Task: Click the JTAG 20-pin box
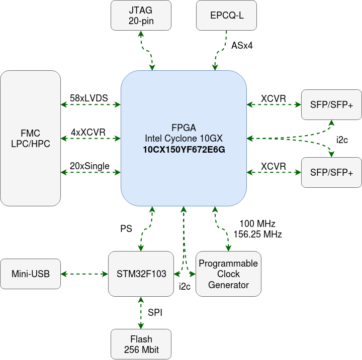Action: pos(141,15)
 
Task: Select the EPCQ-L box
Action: pos(227,15)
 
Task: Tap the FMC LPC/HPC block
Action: pos(30,138)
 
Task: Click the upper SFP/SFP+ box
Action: pos(331,104)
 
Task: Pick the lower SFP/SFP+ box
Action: pos(331,172)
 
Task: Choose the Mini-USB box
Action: pos(30,274)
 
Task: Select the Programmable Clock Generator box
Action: pos(228,274)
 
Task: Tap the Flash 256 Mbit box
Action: pos(141,344)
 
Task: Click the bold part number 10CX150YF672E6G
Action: pos(184,150)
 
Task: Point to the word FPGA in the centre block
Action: pos(184,127)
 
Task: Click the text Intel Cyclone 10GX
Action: pos(184,138)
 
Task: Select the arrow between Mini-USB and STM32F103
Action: pos(84,274)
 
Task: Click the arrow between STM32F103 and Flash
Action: pos(141,313)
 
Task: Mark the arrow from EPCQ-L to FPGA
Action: pos(220,50)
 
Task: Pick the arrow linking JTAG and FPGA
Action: pos(147,50)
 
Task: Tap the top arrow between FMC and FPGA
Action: pos(90,104)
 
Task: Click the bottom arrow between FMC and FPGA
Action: pos(90,172)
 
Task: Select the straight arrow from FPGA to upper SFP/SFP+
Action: pos(274,104)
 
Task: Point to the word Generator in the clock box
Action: pos(228,285)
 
